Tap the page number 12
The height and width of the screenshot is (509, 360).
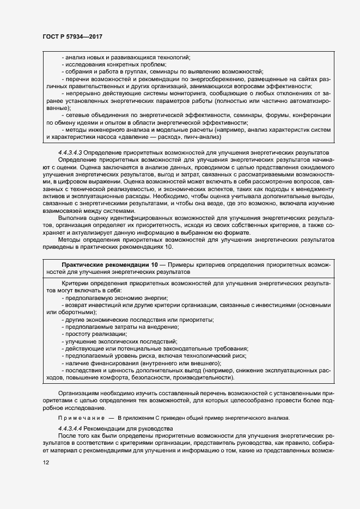[45, 462]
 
